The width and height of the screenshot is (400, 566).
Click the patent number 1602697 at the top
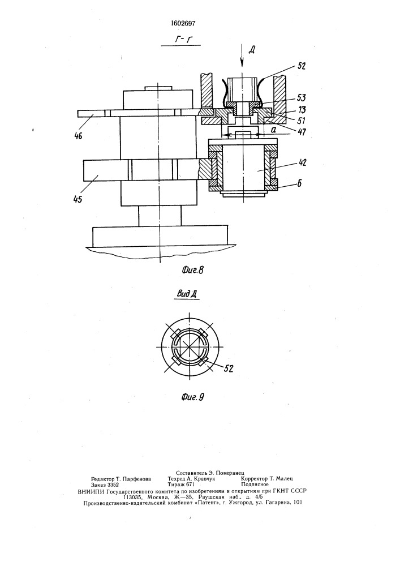[x=183, y=23]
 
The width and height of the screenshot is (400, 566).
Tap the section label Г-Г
[x=183, y=40]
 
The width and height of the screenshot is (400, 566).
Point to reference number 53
[x=300, y=97]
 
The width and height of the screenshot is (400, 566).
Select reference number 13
[x=301, y=109]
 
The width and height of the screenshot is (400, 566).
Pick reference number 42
[x=302, y=163]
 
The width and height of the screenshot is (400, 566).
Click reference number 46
[x=78, y=136]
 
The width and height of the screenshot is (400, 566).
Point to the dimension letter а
[x=274, y=128]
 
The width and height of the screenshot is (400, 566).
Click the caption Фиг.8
[x=192, y=270]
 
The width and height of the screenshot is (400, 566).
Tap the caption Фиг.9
[x=192, y=397]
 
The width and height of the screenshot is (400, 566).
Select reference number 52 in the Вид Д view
[x=229, y=368]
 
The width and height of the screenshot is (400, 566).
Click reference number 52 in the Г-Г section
[x=301, y=66]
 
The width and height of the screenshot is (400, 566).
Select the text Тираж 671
[x=181, y=485]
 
